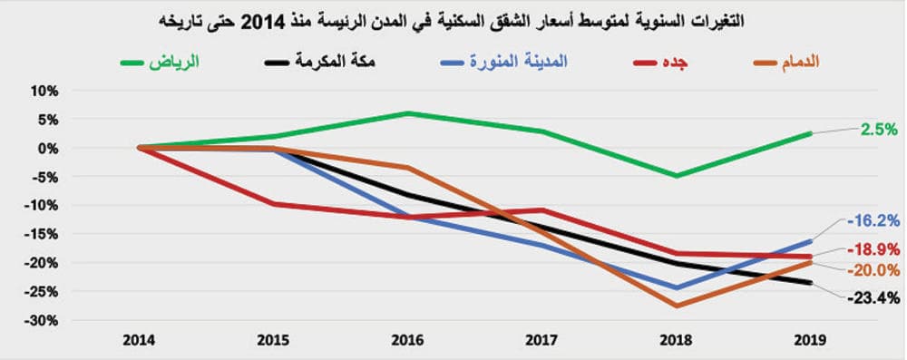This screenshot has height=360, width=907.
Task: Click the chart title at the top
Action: [453, 20]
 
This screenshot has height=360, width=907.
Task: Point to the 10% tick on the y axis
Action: [44, 91]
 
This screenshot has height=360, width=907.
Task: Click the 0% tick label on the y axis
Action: [46, 148]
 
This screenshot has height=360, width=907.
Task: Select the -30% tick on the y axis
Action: [42, 321]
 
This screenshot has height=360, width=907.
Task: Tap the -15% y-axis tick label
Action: [42, 234]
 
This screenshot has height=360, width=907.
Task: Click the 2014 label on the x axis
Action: [139, 341]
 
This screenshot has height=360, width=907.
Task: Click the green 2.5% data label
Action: [879, 130]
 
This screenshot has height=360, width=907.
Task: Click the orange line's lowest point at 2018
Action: [676, 306]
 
